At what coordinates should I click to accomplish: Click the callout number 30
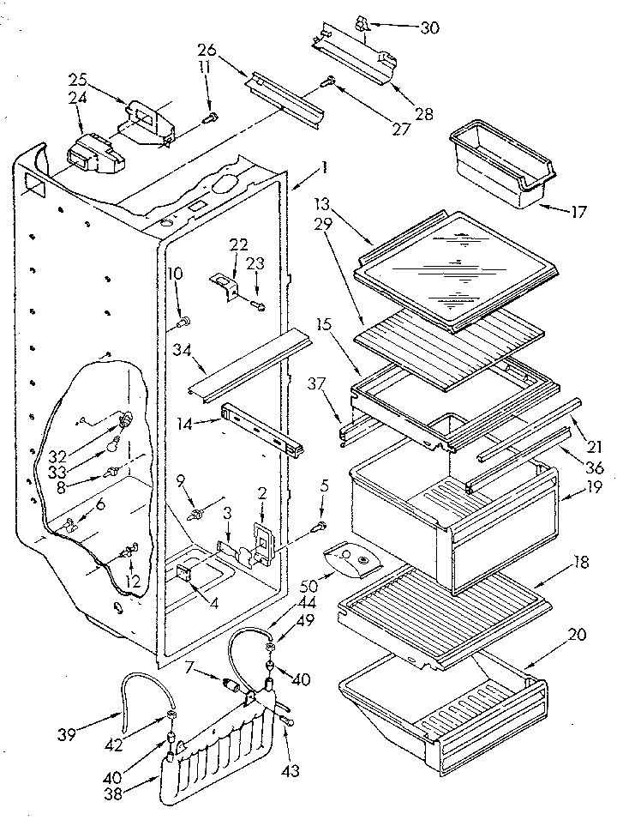[x=429, y=27]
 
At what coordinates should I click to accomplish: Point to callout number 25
[x=78, y=80]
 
